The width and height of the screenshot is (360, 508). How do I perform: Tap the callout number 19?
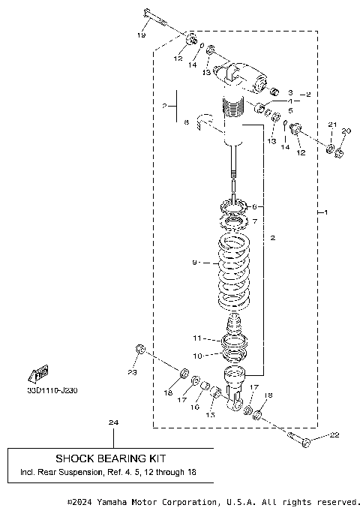[x=142, y=35]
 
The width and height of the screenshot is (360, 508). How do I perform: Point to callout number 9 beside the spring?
[x=194, y=263]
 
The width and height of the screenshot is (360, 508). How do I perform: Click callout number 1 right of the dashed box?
[x=325, y=212]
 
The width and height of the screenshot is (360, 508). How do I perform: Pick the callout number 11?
[x=196, y=338]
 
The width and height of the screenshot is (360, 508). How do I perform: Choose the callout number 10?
[x=196, y=356]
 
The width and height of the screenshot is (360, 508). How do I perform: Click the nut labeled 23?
[x=139, y=348]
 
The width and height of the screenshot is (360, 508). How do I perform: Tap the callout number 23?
[x=132, y=372]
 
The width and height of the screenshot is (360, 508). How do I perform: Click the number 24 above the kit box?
[x=113, y=423]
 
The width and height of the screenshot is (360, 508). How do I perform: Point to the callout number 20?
[x=345, y=131]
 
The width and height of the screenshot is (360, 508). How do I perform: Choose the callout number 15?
[x=210, y=414]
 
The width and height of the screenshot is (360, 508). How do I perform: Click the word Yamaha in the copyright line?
[x=117, y=501]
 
